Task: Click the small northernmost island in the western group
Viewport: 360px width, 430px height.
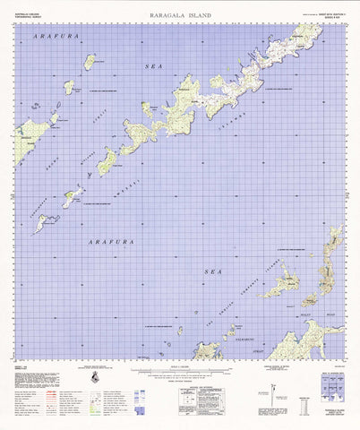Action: click(90, 61)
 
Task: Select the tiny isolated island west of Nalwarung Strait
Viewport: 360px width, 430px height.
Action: click(179, 330)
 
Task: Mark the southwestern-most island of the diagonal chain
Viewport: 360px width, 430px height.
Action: click(44, 223)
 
